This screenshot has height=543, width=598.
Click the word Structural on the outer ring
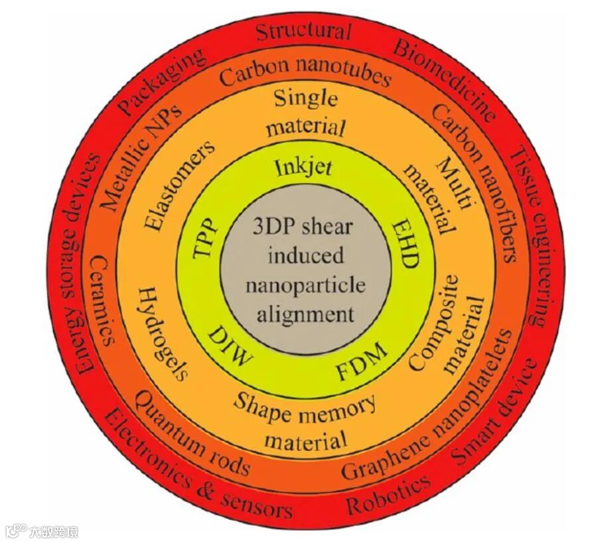click(x=303, y=30)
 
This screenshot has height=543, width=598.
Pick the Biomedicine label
click(x=445, y=80)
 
